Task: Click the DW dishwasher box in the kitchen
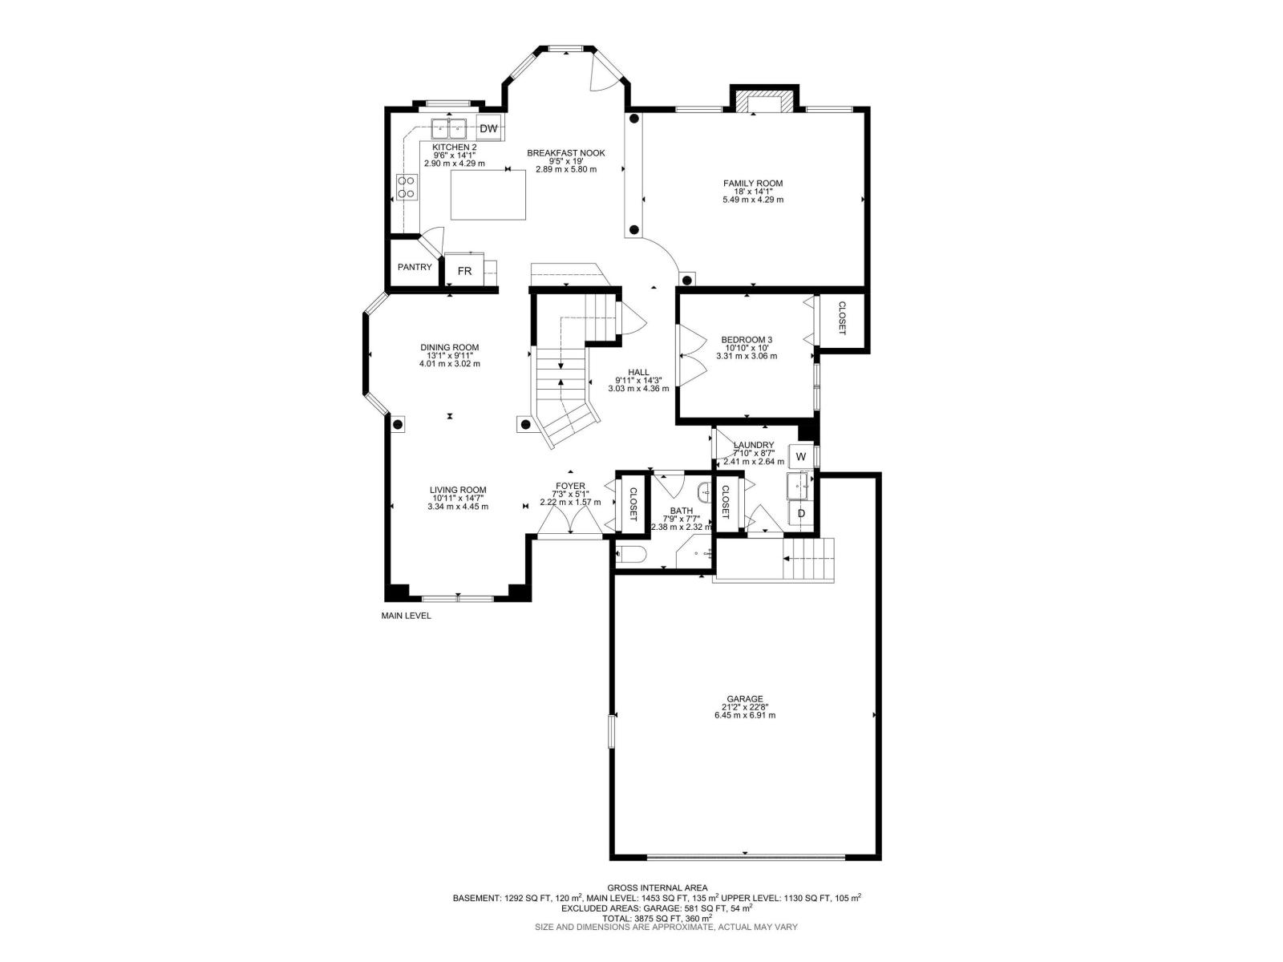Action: [x=488, y=128]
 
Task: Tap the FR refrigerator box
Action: [x=464, y=271]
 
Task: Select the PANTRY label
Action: [x=415, y=267]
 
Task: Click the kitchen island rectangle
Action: [x=488, y=195]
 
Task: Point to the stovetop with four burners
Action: [x=406, y=187]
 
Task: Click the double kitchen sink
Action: [x=449, y=128]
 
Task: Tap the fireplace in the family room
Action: [x=763, y=103]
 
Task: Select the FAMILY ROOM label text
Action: [x=752, y=184]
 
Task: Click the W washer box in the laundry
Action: [x=800, y=456]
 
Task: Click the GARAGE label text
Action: [x=745, y=698]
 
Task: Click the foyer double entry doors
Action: [x=570, y=523]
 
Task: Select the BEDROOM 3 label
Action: [x=746, y=340]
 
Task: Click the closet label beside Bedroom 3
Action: [x=843, y=318]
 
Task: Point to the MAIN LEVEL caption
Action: [x=406, y=616]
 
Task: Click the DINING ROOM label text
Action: [x=449, y=347]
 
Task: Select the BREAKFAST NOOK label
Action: [x=565, y=153]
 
